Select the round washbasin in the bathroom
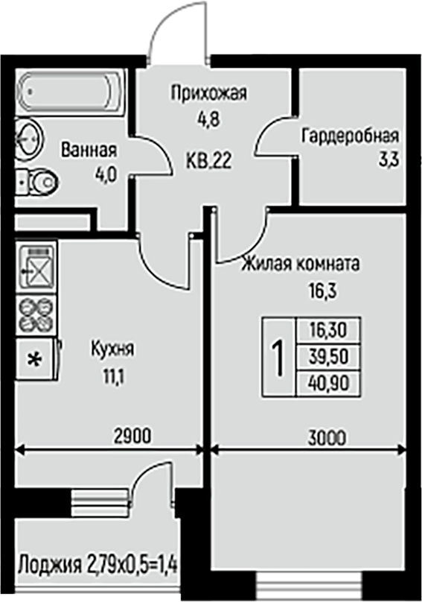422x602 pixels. pyautogui.click(x=29, y=139)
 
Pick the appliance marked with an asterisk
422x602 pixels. pyautogui.click(x=36, y=359)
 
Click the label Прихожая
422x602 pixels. pyautogui.click(x=209, y=93)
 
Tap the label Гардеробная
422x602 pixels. pyautogui.click(x=351, y=136)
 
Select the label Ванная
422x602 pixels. pyautogui.click(x=89, y=150)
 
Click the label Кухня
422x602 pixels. pyautogui.click(x=112, y=349)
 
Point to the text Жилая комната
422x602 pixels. pyautogui.click(x=301, y=264)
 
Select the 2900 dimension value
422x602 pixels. pyautogui.click(x=132, y=436)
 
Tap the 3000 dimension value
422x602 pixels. pyautogui.click(x=327, y=437)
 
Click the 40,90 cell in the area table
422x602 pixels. pyautogui.click(x=329, y=383)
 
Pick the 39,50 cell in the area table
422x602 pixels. pyautogui.click(x=329, y=357)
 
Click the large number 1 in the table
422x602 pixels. pyautogui.click(x=278, y=357)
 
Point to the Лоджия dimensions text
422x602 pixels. pyautogui.click(x=97, y=565)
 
